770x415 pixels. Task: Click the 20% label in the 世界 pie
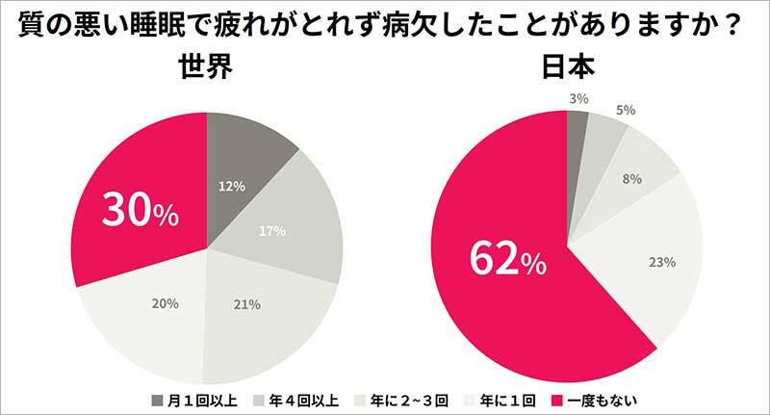(165, 304)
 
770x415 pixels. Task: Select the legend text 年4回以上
(299, 398)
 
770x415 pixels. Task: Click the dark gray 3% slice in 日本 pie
(576, 119)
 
